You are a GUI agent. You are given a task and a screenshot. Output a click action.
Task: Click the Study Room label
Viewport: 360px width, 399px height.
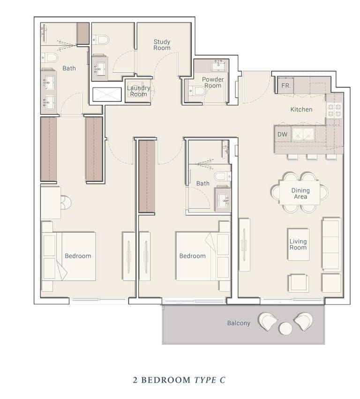162,45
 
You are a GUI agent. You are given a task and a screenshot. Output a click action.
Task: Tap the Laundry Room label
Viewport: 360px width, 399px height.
139,91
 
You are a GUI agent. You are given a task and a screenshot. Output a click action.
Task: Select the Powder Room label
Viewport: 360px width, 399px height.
213,82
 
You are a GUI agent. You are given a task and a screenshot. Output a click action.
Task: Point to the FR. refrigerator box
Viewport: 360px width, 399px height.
285,86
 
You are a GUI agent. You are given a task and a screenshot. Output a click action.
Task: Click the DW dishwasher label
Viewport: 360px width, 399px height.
282,134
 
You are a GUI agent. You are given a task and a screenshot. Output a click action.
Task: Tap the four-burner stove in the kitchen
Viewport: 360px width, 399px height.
334,110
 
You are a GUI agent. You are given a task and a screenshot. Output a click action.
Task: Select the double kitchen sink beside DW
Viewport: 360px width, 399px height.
303,134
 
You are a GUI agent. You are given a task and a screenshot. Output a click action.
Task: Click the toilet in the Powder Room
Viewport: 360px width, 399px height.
197,90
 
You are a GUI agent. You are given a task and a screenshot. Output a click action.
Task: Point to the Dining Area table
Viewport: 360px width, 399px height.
300,192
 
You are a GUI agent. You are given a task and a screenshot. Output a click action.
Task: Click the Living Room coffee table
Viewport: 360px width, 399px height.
298,244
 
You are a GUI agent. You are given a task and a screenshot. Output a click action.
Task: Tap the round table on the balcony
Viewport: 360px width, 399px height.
285,328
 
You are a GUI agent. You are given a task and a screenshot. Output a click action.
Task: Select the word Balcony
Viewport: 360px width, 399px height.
239,323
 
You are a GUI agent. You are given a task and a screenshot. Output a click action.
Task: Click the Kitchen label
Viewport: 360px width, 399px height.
301,110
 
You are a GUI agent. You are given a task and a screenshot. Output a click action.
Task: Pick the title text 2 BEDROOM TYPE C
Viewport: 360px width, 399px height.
179,380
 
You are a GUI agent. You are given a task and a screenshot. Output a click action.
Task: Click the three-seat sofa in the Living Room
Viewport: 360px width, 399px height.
331,244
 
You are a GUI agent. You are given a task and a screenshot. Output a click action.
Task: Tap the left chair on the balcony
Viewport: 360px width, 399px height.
267,321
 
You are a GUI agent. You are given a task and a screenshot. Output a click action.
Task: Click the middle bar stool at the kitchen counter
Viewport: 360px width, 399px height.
312,157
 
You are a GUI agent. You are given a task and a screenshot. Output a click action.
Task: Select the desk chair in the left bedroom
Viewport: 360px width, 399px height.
66,202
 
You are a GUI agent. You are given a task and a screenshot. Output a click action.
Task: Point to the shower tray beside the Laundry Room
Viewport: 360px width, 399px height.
107,95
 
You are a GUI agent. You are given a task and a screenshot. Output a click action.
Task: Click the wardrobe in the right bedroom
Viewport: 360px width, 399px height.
147,177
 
